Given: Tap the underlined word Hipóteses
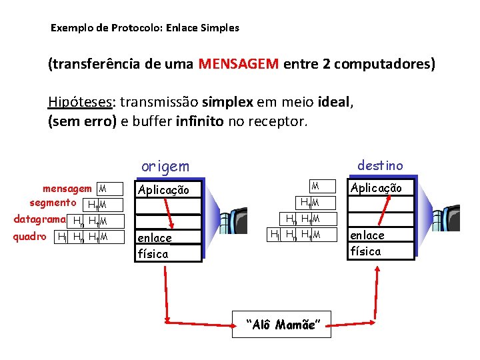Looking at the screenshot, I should click(80, 102).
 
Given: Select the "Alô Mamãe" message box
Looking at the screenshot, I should click(282, 325).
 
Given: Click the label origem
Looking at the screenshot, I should click(165, 166).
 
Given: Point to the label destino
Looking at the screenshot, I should click(379, 165).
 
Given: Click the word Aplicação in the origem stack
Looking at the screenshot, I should click(163, 190).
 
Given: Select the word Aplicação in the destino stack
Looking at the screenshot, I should click(376, 188).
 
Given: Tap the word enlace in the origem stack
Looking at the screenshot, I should click(154, 238).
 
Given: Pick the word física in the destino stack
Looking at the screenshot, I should click(365, 251).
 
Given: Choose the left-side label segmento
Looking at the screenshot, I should click(52, 202).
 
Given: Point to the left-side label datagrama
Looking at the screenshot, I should click(40, 219).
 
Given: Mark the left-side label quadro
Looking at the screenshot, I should click(30, 236).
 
